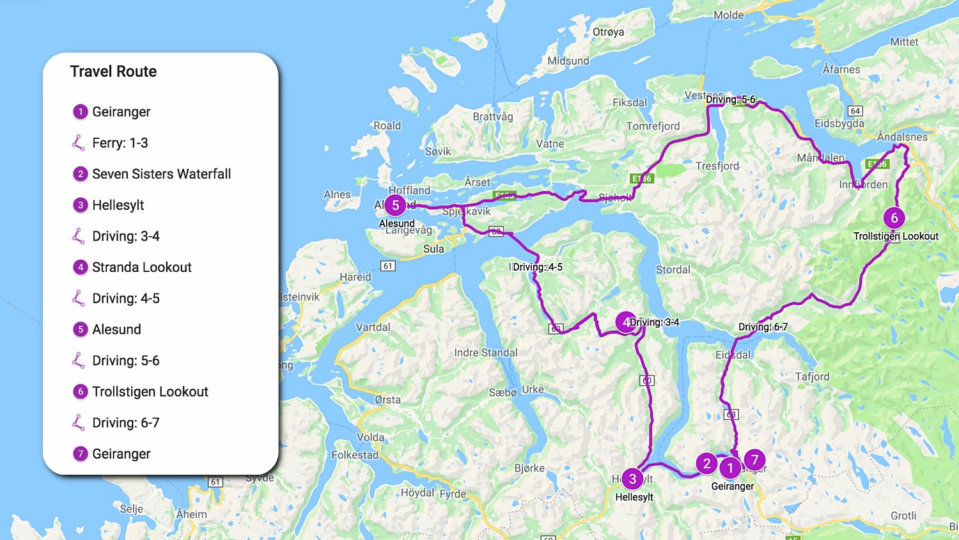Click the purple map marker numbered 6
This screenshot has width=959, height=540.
coord(894,218)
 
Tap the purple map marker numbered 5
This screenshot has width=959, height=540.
coord(396,205)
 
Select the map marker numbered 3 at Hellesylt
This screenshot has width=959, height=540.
coord(632,479)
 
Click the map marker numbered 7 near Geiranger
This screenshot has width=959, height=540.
coord(754,459)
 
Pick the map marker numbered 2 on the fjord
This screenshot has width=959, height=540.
coord(706,464)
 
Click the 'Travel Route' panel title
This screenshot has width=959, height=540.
coord(113,72)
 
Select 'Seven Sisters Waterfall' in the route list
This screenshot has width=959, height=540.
coord(161,174)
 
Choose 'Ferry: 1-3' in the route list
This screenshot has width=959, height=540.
coord(120,143)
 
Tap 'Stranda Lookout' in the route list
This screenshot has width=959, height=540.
coord(141,267)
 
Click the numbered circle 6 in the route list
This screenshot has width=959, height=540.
coord(80,392)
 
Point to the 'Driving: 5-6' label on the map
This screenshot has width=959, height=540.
coord(730,100)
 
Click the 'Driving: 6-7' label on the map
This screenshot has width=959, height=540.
coord(763,327)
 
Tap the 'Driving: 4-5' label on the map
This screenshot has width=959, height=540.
coord(538,267)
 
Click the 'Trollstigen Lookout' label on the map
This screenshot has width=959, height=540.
coord(896,236)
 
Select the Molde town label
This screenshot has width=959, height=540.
coord(728,15)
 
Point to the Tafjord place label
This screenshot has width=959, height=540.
coord(812,377)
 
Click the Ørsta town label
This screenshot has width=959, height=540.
coord(387,400)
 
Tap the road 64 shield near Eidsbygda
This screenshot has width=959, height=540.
coord(855,111)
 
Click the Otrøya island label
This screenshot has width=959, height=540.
coord(608,32)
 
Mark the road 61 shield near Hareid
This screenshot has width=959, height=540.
coord(387,266)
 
